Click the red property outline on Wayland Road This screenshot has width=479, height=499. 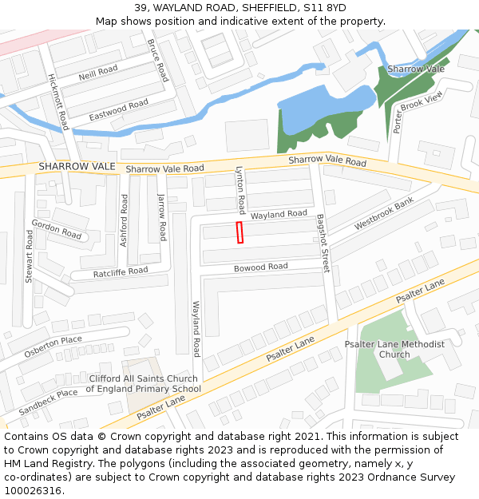tap(239, 232)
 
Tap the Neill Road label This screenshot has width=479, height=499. tap(98, 73)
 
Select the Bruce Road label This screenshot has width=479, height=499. tap(158, 60)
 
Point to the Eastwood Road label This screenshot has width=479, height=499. tap(118, 109)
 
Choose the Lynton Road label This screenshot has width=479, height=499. tap(239, 190)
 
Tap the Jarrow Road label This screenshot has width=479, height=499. tap(162, 217)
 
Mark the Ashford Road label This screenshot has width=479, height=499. tap(124, 220)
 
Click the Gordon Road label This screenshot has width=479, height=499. tap(57, 230)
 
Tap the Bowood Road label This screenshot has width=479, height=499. tap(260, 267)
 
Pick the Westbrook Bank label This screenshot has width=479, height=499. tap(384, 214)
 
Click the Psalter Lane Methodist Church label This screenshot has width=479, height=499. tap(394, 349)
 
